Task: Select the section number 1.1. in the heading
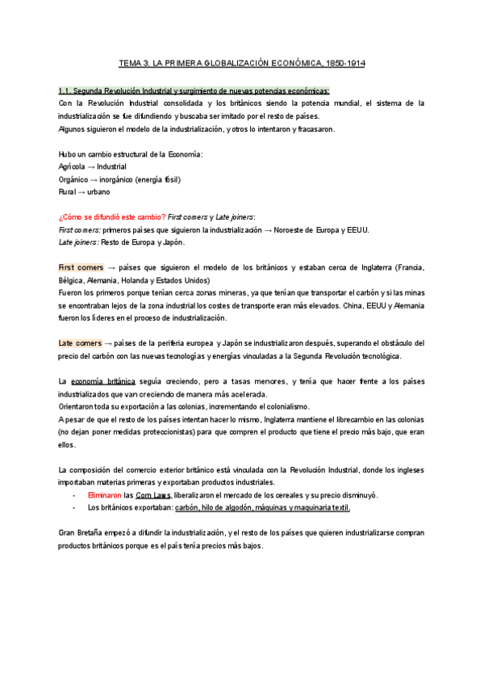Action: tap(68, 91)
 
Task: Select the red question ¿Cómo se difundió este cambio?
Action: tap(112, 217)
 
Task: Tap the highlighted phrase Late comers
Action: tap(79, 343)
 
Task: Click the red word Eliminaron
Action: tap(105, 494)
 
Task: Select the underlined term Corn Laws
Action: tap(153, 494)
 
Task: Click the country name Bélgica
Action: tap(75, 279)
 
